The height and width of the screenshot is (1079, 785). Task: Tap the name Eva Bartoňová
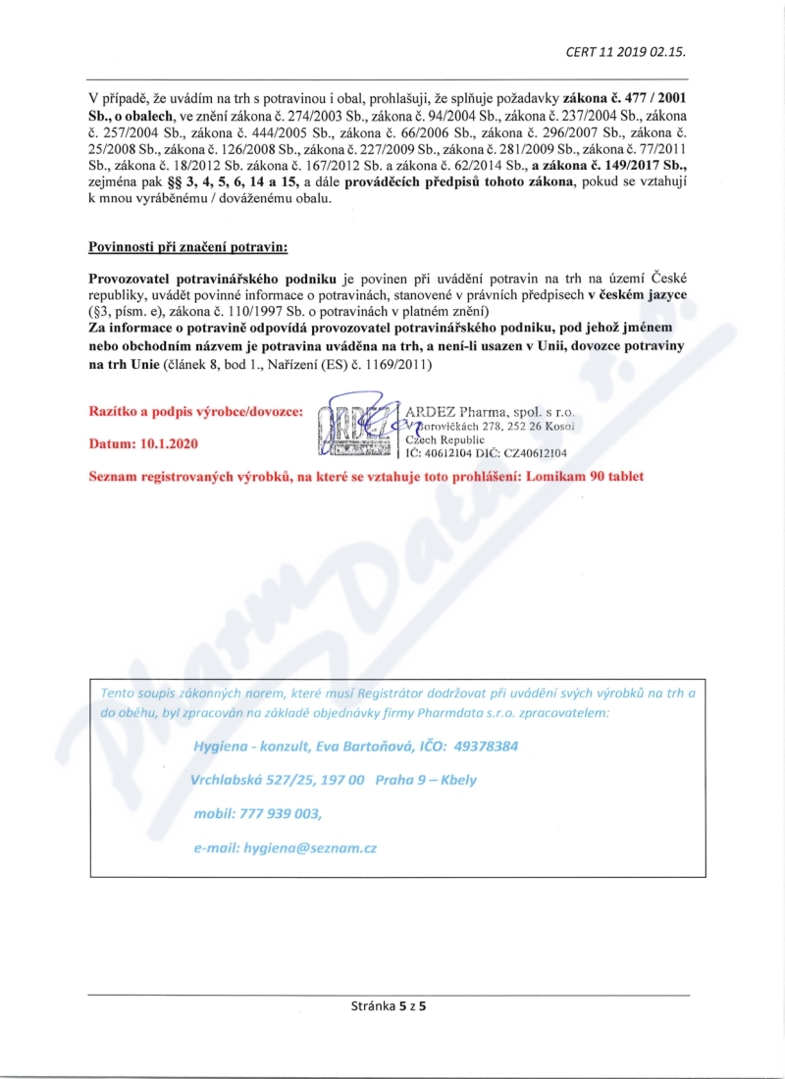[x=362, y=746]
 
